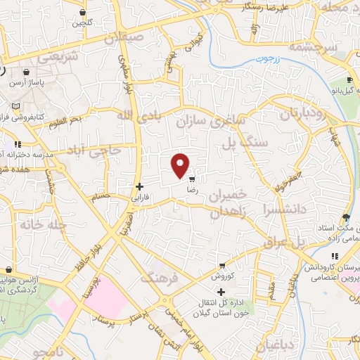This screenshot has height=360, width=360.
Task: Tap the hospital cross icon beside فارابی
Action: coord(139,186)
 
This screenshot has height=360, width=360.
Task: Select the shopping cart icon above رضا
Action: coord(192,180)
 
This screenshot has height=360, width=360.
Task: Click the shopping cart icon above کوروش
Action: coord(221,266)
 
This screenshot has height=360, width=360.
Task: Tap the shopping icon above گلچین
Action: coord(83,12)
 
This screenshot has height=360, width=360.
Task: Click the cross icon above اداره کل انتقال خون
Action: coord(221,292)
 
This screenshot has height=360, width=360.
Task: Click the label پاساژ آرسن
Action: coord(27,83)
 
